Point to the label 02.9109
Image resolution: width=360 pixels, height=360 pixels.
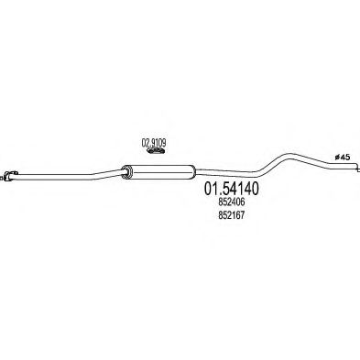tap(154, 142)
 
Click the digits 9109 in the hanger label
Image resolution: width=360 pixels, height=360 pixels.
tap(159, 142)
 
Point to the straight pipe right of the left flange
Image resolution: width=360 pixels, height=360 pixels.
tap(46, 175)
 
